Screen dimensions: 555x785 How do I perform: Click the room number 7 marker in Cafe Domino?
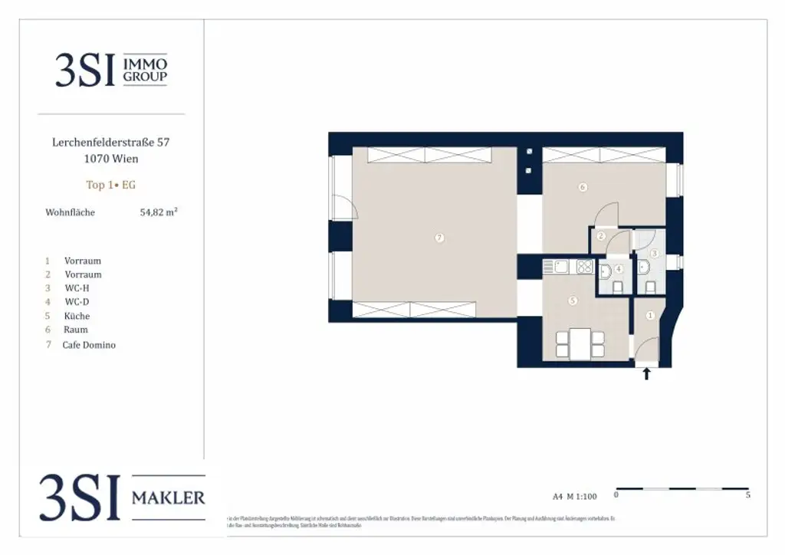click(439, 238)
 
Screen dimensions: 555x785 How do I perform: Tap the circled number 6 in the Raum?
click(583, 187)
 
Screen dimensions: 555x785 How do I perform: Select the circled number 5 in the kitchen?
click(573, 301)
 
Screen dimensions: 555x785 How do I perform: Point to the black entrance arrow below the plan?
click(646, 374)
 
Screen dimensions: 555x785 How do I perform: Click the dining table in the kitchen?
click(580, 343)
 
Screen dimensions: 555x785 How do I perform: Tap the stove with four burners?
click(585, 267)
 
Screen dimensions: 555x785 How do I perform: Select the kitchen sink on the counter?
click(560, 267)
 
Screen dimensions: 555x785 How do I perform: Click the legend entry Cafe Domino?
click(89, 345)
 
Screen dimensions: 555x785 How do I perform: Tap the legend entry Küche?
click(77, 316)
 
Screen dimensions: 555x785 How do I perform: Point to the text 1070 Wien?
click(111, 159)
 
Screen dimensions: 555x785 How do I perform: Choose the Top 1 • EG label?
click(111, 185)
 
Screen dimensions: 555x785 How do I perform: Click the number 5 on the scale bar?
click(747, 495)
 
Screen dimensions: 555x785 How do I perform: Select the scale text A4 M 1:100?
click(574, 496)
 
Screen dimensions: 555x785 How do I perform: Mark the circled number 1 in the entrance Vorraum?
click(651, 315)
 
